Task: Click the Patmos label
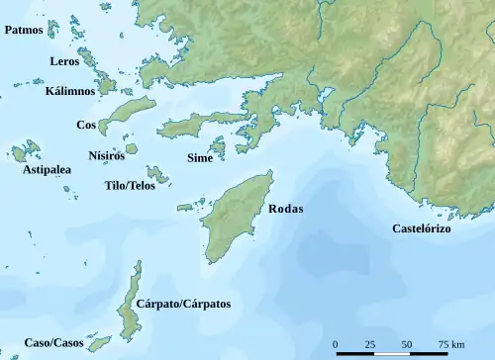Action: click(x=23, y=31)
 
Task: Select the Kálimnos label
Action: click(x=70, y=91)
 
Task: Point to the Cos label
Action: click(x=86, y=126)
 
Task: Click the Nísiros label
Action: click(x=106, y=155)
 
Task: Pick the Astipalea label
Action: click(x=47, y=170)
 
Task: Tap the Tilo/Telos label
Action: click(x=130, y=186)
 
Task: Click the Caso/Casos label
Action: click(x=52, y=340)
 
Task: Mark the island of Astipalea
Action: click(x=21, y=153)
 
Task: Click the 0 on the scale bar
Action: click(x=336, y=344)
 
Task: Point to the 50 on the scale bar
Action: click(x=407, y=344)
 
